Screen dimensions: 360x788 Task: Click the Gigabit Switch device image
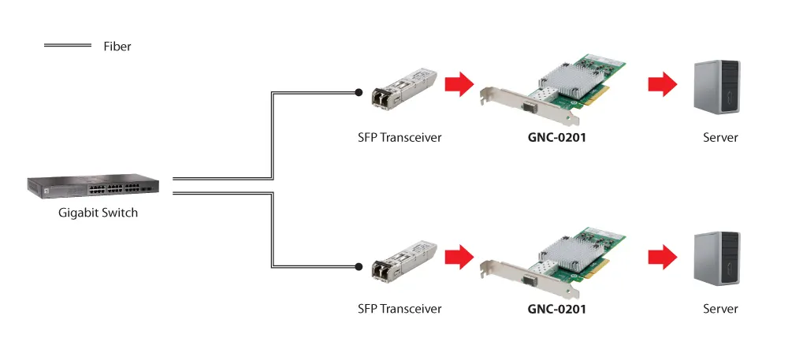coord(93,186)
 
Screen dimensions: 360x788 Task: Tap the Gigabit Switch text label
coord(98,213)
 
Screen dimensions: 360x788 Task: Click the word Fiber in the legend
coord(117,46)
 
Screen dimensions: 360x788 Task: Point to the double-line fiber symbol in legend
coord(69,46)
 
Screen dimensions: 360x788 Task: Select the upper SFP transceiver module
coord(404,87)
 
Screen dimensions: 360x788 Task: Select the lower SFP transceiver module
coord(404,260)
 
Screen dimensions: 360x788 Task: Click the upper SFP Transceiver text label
coord(400,138)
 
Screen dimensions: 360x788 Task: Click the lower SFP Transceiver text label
coord(400,309)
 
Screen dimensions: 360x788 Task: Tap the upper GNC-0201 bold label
coord(557,138)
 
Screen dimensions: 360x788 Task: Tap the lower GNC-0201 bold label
coord(557,309)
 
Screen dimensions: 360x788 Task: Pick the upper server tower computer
coord(716,87)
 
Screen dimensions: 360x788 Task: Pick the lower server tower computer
coord(716,258)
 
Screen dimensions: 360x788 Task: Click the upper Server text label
coord(720,138)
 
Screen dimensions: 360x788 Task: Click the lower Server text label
coord(720,309)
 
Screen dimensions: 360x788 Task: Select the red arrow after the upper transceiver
coord(458,84)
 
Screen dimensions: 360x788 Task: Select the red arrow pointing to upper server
coord(662,84)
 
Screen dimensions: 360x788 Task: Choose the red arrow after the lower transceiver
coord(458,256)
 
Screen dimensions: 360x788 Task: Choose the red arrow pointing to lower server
coord(662,256)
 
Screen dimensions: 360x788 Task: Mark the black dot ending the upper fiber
coord(359,91)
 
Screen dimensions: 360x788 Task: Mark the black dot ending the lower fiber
coord(359,267)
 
